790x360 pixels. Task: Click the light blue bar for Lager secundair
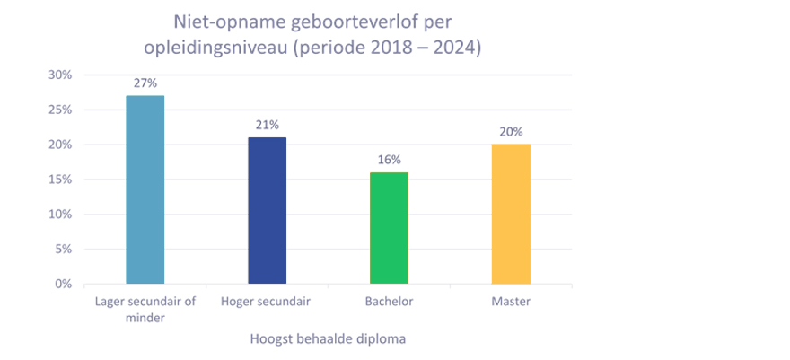pos(145,189)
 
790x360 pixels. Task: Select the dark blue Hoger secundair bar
pos(267,210)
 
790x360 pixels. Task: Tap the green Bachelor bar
pos(389,228)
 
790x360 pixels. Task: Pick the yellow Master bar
pos(511,214)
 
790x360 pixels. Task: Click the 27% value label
pos(145,83)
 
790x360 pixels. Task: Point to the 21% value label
pos(267,125)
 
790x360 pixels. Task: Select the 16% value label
pos(389,160)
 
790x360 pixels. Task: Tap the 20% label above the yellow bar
pos(511,132)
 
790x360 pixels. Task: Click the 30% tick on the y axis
pos(59,75)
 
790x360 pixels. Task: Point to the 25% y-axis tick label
pos(59,110)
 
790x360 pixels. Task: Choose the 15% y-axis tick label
pos(59,180)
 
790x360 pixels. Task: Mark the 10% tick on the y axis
pos(59,215)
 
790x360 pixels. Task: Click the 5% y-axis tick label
pos(62,250)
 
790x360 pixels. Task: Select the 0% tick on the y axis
pos(62,285)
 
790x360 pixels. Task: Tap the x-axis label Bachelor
pos(389,302)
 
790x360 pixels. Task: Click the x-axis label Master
pos(511,302)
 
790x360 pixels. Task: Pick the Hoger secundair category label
pos(266,302)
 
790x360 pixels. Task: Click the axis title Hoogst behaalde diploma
pos(329,339)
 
